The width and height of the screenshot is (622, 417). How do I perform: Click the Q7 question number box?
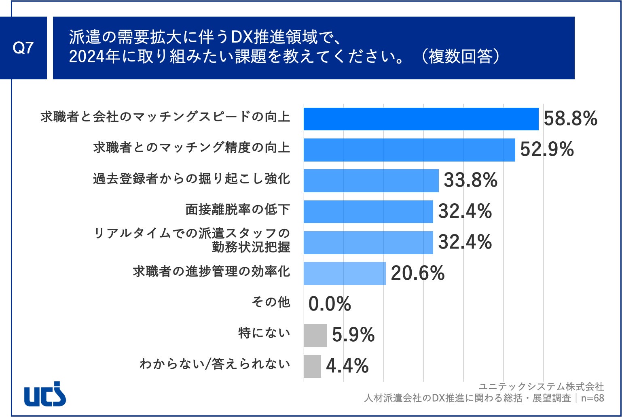pos(23,48)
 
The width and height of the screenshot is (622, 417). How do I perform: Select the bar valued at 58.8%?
pos(421,119)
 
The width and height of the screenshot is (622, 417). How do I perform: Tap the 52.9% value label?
pos(547,149)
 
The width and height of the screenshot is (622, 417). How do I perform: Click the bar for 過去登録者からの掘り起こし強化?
pos(371,181)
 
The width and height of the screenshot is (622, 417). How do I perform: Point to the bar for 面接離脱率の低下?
pos(368,211)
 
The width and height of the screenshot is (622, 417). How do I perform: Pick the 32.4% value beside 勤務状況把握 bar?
pos(465,242)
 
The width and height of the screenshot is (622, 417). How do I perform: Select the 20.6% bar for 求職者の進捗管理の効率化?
pos(345,273)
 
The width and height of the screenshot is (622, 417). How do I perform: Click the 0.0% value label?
pos(330,304)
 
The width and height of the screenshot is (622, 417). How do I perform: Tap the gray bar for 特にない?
pos(315,335)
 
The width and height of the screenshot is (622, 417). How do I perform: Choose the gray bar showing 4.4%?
pos(312,366)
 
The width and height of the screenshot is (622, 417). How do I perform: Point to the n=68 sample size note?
pos(592,398)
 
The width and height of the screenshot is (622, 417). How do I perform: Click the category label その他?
pos(271,302)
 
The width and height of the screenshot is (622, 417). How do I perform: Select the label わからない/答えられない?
pos(215,364)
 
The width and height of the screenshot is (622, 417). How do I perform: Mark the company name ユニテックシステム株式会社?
pos(541,386)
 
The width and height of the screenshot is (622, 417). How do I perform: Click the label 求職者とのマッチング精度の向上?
pos(192,147)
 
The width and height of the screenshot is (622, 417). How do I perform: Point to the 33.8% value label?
pos(471,180)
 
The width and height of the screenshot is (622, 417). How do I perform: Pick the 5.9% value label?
pos(353,335)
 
